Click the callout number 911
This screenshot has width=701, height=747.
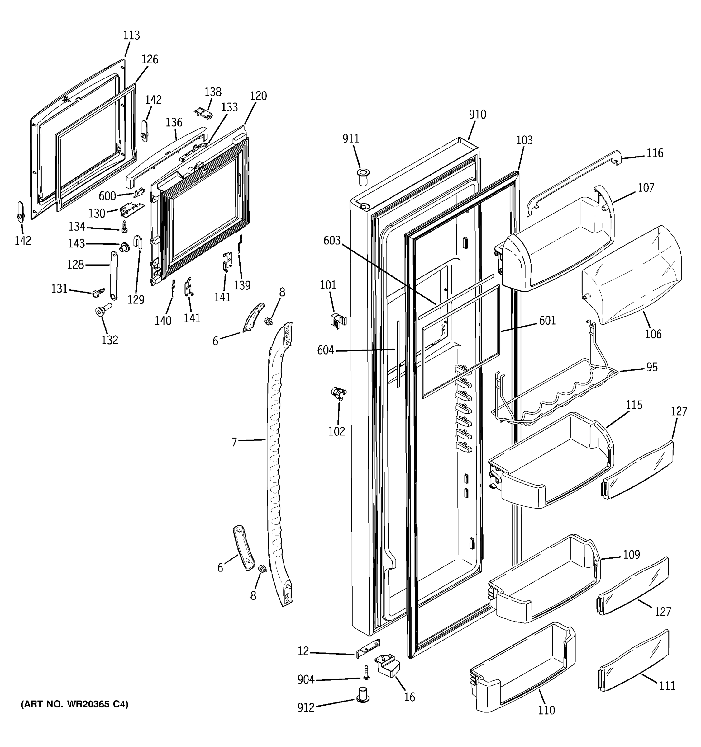350,139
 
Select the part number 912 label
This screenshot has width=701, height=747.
306,707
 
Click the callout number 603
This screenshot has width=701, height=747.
332,241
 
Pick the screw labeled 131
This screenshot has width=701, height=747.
99,291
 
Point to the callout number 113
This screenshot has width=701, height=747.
131,35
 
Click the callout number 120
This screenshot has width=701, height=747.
258,96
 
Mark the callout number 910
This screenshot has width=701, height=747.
477,115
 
